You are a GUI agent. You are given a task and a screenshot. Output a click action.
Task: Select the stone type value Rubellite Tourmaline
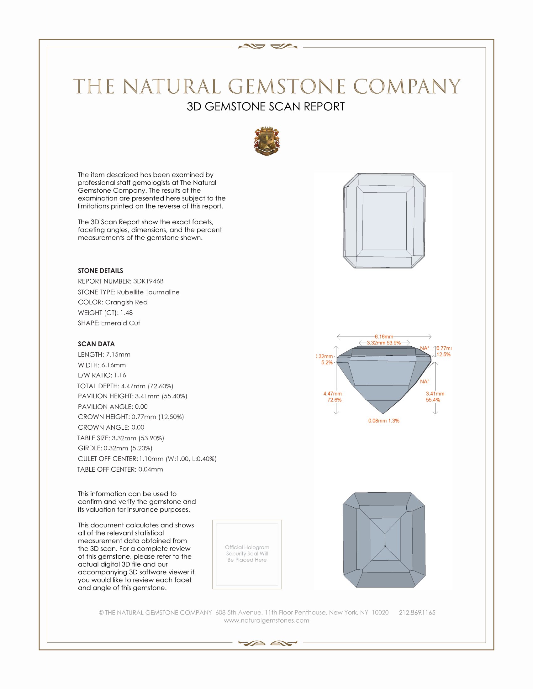click(x=148, y=292)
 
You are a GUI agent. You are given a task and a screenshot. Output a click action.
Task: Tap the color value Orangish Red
click(x=126, y=302)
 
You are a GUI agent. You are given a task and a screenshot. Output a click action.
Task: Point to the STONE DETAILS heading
click(x=100, y=271)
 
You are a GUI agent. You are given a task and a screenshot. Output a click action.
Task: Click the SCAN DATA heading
click(x=96, y=344)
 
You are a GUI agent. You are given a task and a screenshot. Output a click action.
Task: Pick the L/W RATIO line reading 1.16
click(x=102, y=375)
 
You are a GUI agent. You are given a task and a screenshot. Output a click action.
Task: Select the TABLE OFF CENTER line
click(x=120, y=469)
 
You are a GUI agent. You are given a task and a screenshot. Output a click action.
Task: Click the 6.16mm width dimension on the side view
click(x=384, y=337)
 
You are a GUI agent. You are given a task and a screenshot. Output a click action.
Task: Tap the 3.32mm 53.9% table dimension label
click(x=384, y=343)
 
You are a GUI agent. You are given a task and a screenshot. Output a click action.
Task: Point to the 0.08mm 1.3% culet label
click(x=384, y=421)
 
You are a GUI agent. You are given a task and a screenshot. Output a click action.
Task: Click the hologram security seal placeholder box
click(x=247, y=554)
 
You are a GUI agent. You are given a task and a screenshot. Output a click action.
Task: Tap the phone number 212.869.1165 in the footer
click(x=417, y=612)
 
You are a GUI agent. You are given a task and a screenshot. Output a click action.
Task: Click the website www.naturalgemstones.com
click(x=266, y=620)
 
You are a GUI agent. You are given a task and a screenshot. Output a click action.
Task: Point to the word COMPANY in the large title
click(x=407, y=86)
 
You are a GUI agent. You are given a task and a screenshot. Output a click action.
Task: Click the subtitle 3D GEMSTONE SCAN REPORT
click(x=266, y=106)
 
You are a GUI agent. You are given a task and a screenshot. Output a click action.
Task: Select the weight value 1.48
click(x=126, y=313)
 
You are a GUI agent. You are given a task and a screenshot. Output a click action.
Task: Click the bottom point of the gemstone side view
click(x=383, y=413)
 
